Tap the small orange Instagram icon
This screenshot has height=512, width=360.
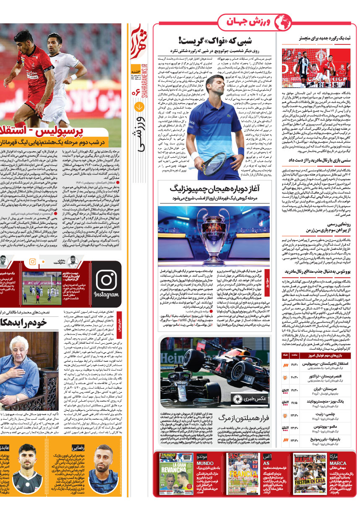32,262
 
